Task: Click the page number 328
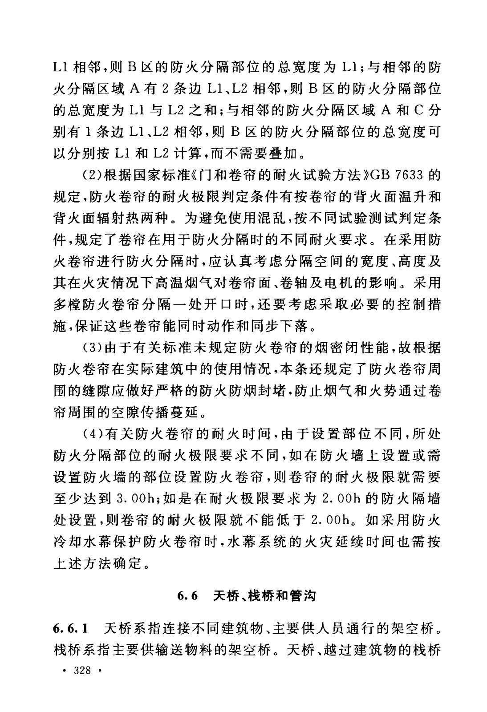pos(83,671)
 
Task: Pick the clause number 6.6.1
pos(70,629)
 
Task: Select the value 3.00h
pos(135,498)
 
